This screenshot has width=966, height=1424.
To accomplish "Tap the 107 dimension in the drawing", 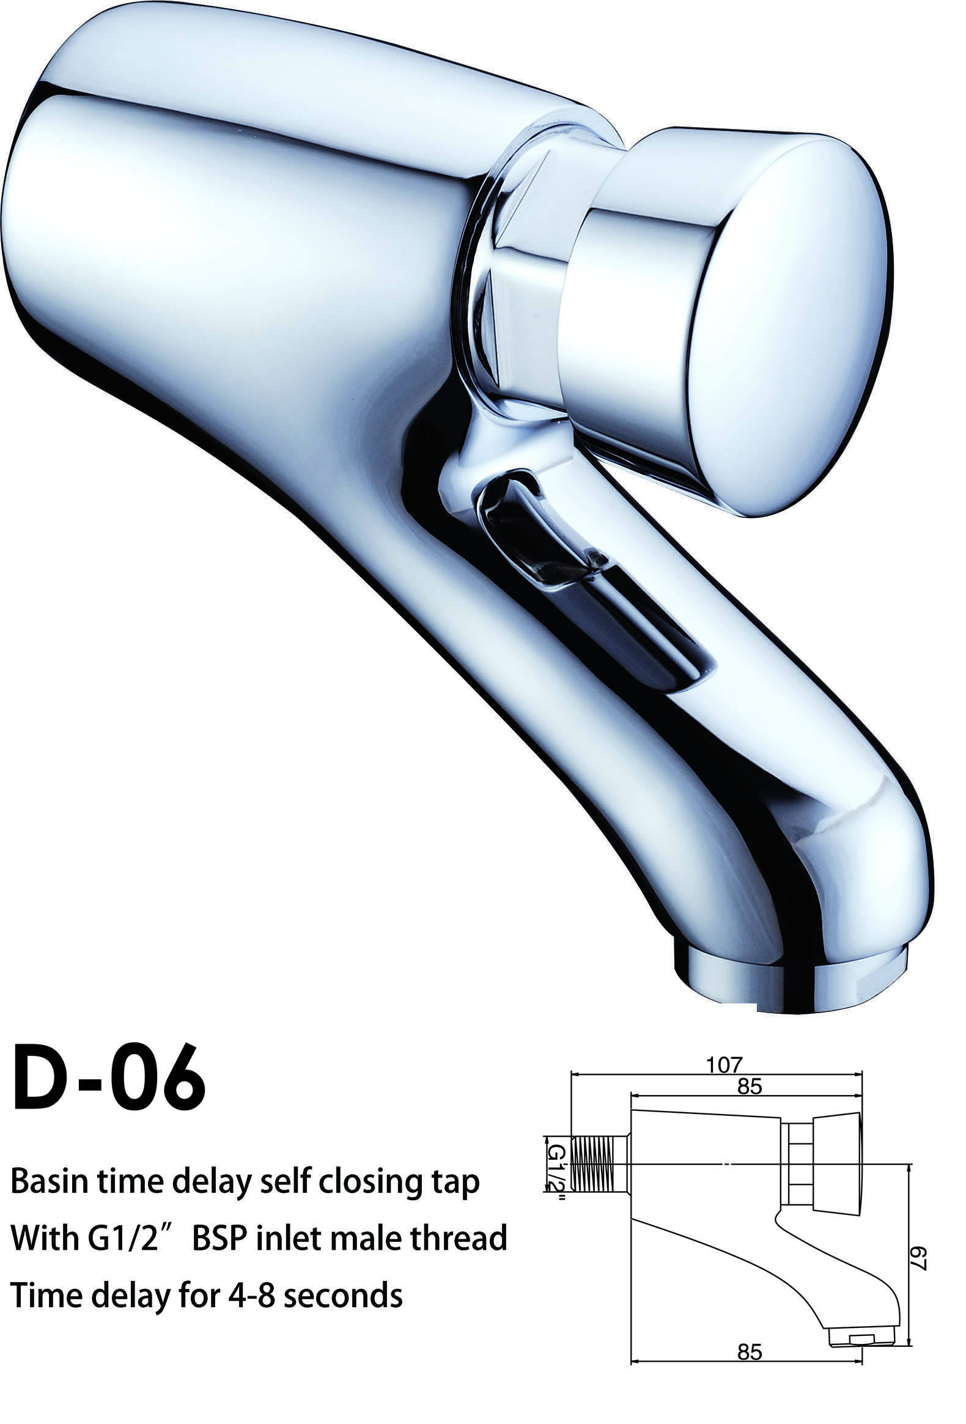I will (724, 1065).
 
